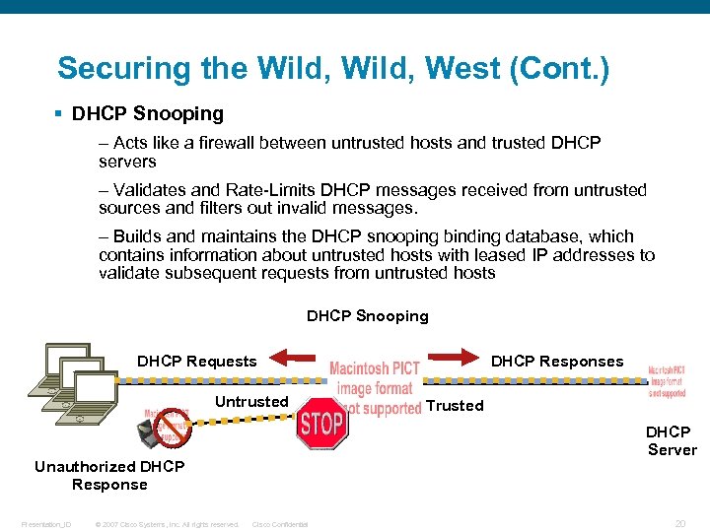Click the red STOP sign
click(321, 425)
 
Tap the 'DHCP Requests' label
click(196, 362)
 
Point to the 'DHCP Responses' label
click(557, 362)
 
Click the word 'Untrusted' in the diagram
click(251, 401)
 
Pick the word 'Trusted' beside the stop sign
click(455, 405)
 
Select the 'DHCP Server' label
click(671, 440)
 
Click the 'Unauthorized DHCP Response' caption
click(109, 475)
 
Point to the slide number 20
click(679, 524)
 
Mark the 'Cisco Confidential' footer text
click(280, 524)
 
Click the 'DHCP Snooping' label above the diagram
click(368, 316)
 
